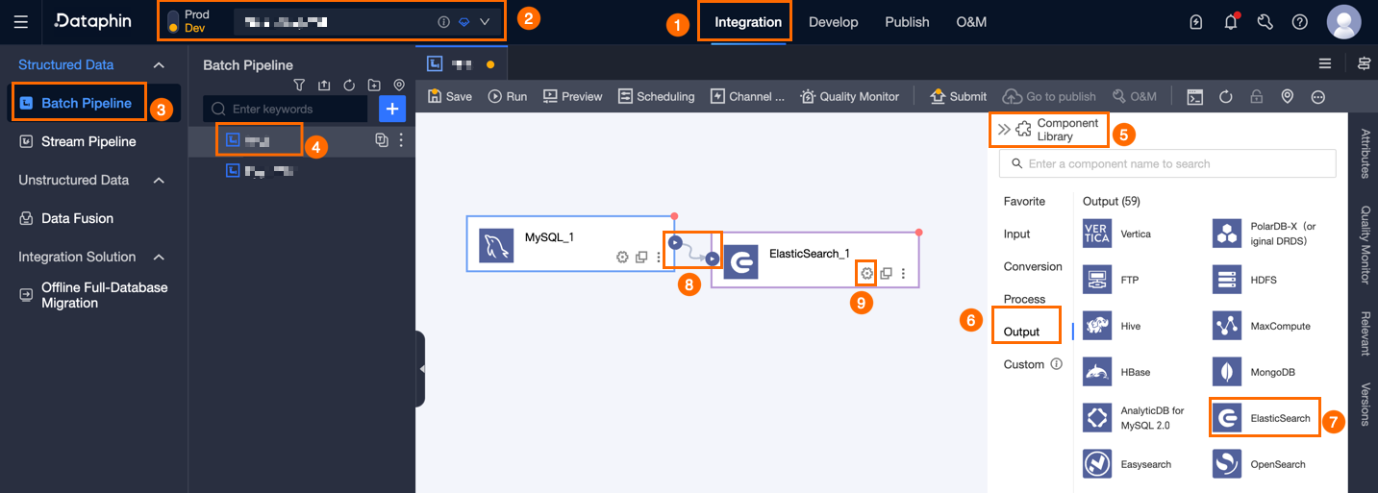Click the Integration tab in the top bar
tap(748, 22)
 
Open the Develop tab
tap(833, 22)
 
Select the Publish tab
tap(907, 22)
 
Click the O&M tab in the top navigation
tap(971, 22)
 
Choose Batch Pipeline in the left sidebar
tap(86, 103)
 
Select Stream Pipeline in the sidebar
tap(88, 141)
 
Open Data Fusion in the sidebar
tap(77, 218)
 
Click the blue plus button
tap(391, 109)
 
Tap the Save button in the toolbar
tap(450, 96)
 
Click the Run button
tap(508, 96)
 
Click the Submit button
tap(958, 96)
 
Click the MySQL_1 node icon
tap(496, 245)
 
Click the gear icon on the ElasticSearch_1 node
tap(866, 273)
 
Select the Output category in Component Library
tap(1021, 332)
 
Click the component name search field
tap(1167, 164)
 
